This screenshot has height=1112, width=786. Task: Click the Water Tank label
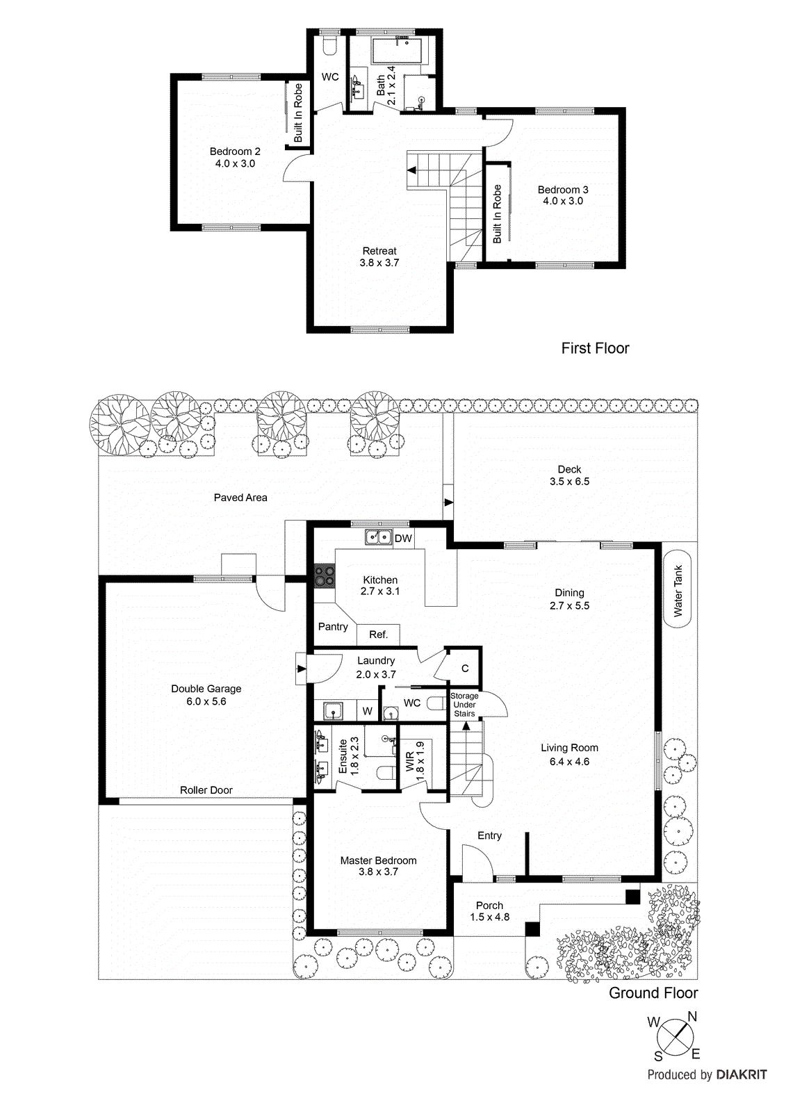(x=678, y=591)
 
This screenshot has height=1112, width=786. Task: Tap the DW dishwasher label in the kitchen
(x=403, y=539)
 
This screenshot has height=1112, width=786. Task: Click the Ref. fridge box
(x=379, y=635)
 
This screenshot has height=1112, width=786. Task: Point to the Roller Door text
(x=206, y=790)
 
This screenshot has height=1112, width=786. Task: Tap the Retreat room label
(x=379, y=257)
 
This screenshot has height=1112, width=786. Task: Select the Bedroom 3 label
(x=563, y=195)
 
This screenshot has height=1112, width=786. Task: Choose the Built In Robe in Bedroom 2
(x=298, y=113)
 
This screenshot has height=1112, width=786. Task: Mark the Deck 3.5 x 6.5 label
(x=569, y=475)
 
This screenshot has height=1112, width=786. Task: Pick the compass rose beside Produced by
(x=675, y=1038)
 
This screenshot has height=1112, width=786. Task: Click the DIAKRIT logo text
(x=742, y=1074)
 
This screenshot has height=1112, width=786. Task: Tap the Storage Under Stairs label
(x=464, y=705)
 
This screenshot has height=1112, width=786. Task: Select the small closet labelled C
(x=464, y=668)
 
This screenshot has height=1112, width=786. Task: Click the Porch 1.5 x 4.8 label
(x=489, y=911)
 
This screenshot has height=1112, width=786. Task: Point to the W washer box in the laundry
(x=367, y=711)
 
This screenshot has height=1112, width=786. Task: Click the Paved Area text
(x=240, y=498)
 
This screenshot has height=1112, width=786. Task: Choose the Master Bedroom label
(x=378, y=866)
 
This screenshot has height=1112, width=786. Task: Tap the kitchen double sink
(x=378, y=537)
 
